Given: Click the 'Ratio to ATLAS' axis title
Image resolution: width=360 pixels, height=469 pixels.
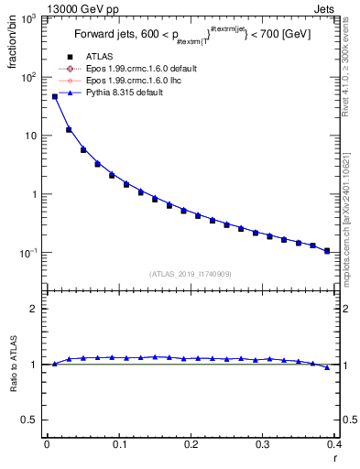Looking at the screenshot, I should (13, 365).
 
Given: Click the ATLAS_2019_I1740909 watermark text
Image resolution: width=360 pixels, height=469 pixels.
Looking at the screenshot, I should (191, 274).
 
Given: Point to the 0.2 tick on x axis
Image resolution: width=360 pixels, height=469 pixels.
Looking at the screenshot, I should (191, 444).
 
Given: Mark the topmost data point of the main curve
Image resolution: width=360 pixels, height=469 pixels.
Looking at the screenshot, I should (54, 96).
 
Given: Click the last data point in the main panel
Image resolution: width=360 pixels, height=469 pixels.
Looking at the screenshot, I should (327, 250).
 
